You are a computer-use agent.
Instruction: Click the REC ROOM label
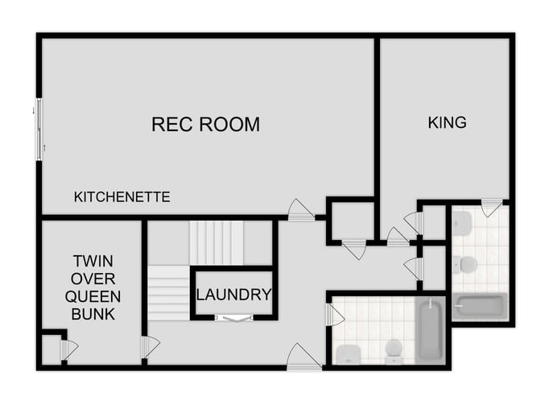(205, 125)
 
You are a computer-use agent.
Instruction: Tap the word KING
(447, 123)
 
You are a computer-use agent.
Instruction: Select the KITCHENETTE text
(122, 196)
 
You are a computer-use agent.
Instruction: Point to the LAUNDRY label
(233, 295)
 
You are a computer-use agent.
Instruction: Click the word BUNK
(93, 314)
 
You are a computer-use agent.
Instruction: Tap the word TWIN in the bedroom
(93, 261)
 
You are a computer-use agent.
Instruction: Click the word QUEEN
(93, 296)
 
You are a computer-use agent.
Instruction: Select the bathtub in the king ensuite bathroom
(480, 307)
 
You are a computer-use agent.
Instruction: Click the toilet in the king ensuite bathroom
(465, 264)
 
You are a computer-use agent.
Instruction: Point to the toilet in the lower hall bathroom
(393, 350)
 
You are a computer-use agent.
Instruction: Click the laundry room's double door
(234, 319)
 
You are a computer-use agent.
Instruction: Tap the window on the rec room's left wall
(39, 129)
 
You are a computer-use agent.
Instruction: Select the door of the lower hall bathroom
(333, 314)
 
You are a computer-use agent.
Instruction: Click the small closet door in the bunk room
(68, 349)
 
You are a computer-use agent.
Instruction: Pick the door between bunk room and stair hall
(149, 347)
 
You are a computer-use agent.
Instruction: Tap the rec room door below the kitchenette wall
(300, 211)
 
